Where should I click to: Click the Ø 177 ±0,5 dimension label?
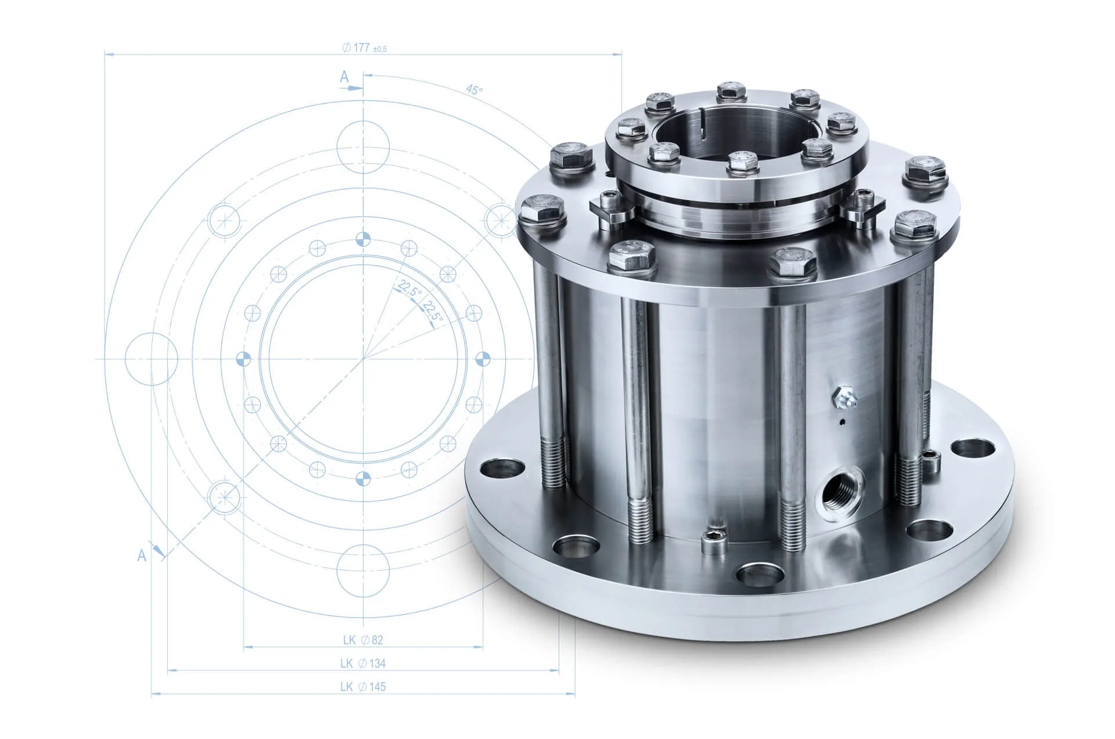coord(364,48)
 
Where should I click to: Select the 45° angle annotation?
coord(474,90)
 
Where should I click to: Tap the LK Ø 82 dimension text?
coord(363,640)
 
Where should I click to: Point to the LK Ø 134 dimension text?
coord(363,663)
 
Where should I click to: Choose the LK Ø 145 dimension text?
coord(363,687)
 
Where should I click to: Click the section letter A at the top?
coord(344,77)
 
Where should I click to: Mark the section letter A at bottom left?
coord(141,556)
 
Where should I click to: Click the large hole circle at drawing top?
coord(363,147)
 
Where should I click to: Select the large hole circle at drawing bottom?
coord(363,571)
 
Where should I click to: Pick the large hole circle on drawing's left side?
coord(151,359)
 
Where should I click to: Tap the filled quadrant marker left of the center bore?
coord(243,359)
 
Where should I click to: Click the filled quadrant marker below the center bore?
coord(363,478)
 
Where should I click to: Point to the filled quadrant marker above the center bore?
coord(363,239)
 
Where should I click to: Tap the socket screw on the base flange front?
coord(714,541)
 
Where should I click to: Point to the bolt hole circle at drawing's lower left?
coord(224,497)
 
